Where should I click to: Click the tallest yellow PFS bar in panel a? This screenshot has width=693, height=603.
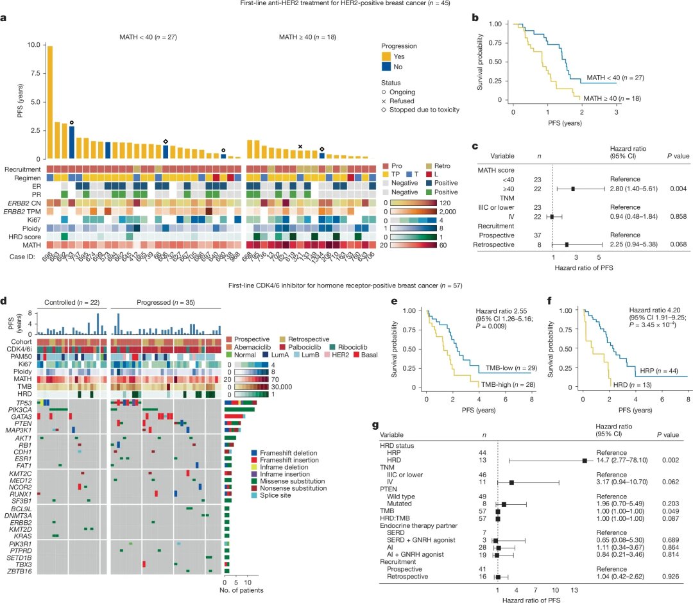click(x=49, y=102)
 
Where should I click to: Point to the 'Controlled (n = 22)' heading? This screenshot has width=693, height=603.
click(x=71, y=301)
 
